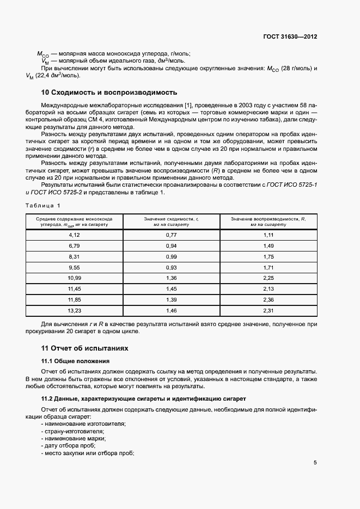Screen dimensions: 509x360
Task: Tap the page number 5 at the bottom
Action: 315,463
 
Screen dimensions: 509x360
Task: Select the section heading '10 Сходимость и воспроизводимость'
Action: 109,92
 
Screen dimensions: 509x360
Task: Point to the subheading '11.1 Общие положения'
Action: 76,361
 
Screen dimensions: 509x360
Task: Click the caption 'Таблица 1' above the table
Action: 44,205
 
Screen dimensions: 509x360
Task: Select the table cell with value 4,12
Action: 75,235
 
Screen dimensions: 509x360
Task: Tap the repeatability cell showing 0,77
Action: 172,235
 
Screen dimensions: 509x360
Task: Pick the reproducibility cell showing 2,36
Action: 268,300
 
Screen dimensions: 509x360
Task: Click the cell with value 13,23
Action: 75,311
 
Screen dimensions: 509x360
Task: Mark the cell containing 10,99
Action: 75,278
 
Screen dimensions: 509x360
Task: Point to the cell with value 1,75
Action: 268,256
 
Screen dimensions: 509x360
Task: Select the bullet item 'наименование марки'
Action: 76,438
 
